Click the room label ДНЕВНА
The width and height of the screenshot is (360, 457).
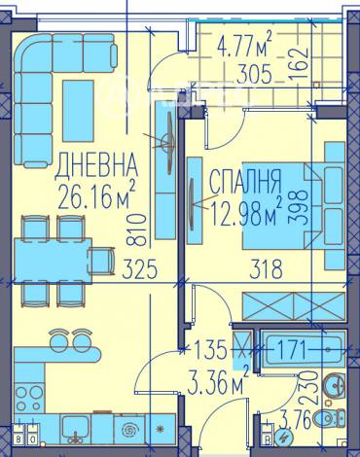pyautogui.click(x=96, y=161)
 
